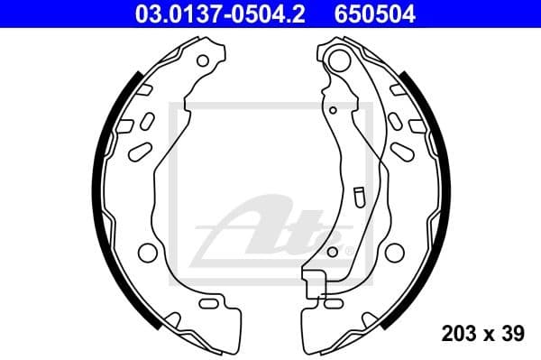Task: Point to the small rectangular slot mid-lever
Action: [x=359, y=195]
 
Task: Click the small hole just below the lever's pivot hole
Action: [x=333, y=110]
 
